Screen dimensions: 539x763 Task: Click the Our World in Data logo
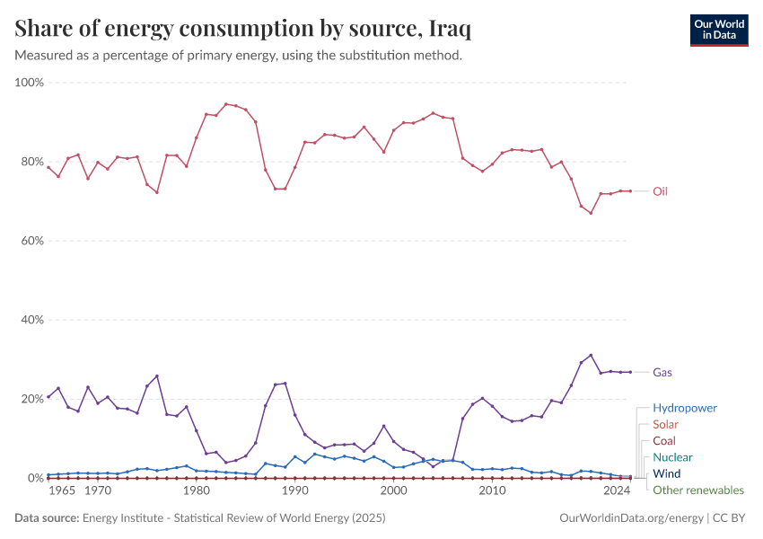[x=718, y=30]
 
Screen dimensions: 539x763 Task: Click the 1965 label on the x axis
[x=61, y=491]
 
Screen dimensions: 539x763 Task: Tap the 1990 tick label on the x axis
[x=295, y=491]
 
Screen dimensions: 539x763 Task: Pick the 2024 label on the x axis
[x=617, y=491]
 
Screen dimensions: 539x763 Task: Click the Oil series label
[x=660, y=191]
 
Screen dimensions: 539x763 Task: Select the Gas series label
[x=662, y=372]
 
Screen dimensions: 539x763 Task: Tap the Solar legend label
[x=666, y=424]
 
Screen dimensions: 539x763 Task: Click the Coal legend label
[x=664, y=441]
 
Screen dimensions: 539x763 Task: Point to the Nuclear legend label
[x=672, y=457]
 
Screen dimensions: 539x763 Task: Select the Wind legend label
[x=667, y=473]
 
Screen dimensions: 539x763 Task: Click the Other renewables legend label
[x=698, y=490]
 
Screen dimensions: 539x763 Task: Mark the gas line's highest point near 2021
[x=591, y=355]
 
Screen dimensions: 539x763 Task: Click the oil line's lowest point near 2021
[x=591, y=213]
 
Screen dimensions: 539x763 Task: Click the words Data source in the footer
[x=46, y=518]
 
